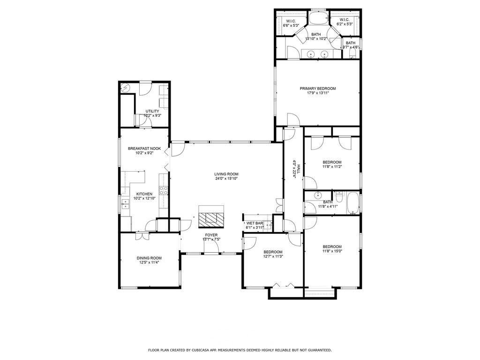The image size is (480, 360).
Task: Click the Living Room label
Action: (226, 174)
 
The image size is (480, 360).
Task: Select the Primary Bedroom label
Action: (317, 89)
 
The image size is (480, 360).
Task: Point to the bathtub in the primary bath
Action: (318, 18)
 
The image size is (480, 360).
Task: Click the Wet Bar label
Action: (255, 223)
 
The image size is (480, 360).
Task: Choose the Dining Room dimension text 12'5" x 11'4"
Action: (149, 262)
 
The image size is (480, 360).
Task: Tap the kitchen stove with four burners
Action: (164, 190)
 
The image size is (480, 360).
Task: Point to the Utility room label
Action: (152, 111)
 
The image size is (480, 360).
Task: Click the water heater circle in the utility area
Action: (125, 88)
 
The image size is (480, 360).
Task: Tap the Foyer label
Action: (211, 235)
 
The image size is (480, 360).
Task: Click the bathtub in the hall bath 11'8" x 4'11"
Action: (353, 203)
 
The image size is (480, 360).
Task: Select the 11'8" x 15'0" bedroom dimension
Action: (332, 251)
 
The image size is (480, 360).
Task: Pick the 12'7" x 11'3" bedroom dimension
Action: (273, 256)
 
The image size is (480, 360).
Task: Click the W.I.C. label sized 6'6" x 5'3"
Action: (291, 21)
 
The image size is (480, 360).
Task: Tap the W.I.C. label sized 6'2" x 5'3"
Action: (345, 20)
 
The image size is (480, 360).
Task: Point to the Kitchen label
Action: (144, 194)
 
